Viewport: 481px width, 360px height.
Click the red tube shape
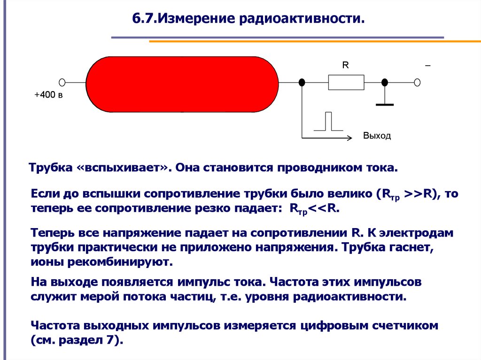point(182,84)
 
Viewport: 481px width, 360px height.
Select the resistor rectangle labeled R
point(346,83)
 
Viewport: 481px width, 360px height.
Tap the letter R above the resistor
point(345,65)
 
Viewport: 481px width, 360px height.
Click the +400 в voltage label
point(49,95)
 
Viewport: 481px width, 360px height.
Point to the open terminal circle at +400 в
point(62,82)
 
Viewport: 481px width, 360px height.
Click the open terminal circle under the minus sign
point(417,83)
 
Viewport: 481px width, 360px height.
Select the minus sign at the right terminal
point(427,66)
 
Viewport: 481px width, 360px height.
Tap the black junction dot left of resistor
point(302,83)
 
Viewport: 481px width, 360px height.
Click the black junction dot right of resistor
point(384,83)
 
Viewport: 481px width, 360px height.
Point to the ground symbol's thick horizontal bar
point(385,105)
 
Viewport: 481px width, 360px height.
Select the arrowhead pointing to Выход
point(349,138)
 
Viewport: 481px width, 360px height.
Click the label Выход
point(377,136)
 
